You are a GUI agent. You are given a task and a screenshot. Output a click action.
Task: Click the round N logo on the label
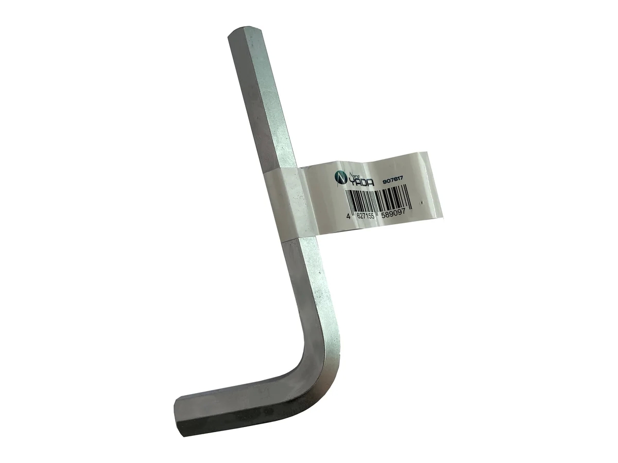point(340,177)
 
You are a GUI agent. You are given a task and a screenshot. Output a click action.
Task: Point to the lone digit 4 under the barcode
point(349,217)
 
